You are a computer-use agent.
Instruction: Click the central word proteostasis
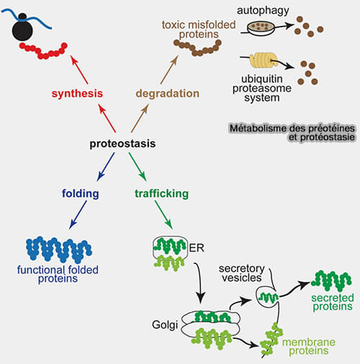pyautogui.click(x=122, y=143)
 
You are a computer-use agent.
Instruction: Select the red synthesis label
pyautogui.click(x=77, y=94)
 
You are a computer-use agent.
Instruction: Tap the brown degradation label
pyautogui.click(x=168, y=94)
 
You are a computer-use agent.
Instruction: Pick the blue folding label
pyautogui.click(x=81, y=194)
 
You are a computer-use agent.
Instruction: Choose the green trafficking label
pyautogui.click(x=161, y=194)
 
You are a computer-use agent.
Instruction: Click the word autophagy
pyautogui.click(x=263, y=11)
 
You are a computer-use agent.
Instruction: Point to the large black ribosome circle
pyautogui.click(x=22, y=30)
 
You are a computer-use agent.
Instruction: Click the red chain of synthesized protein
pyautogui.click(x=43, y=51)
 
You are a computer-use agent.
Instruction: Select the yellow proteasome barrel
pyautogui.click(x=263, y=60)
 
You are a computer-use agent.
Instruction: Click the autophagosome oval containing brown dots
pyautogui.click(x=261, y=29)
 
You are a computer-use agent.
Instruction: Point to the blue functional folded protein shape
pyautogui.click(x=59, y=250)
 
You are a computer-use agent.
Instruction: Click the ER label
pyautogui.click(x=197, y=248)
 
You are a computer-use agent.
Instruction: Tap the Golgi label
pyautogui.click(x=165, y=325)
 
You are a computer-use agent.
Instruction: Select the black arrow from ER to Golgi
pyautogui.click(x=200, y=283)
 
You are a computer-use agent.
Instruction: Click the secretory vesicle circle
pyautogui.click(x=268, y=297)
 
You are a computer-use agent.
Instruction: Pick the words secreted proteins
pyautogui.click(x=333, y=302)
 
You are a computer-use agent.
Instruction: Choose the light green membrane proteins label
pyautogui.click(x=309, y=347)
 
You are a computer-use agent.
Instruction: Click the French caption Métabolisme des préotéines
pyautogui.click(x=292, y=128)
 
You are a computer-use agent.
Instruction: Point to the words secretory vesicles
pyautogui.click(x=242, y=273)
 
